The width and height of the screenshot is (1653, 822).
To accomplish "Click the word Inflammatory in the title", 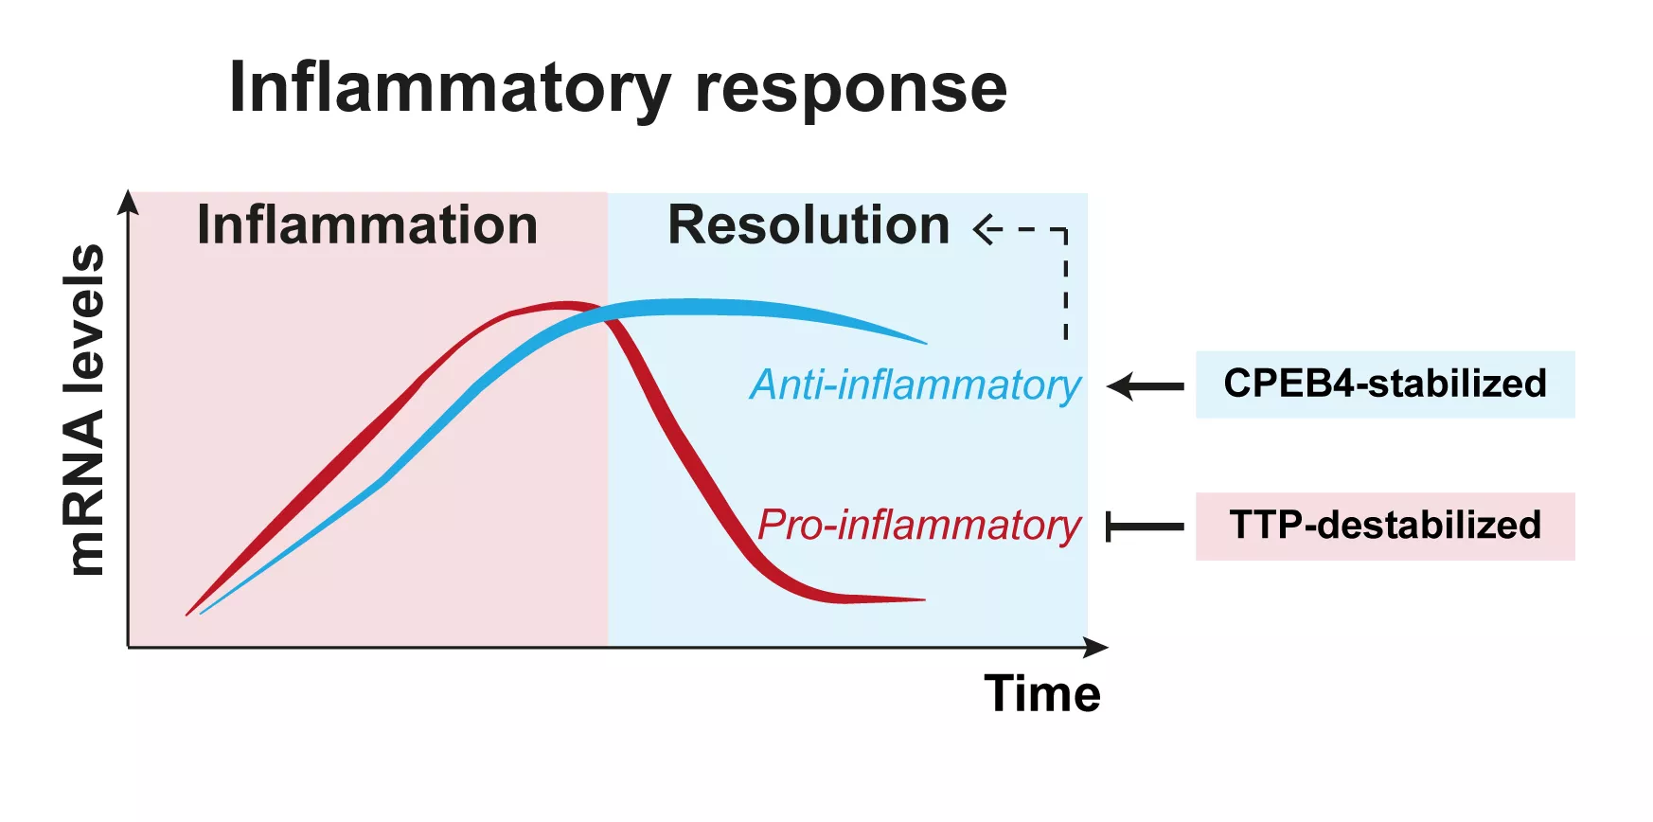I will click(450, 89).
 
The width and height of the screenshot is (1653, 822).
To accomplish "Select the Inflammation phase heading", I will click(367, 225).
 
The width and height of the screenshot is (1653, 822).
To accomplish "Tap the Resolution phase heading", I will click(809, 225).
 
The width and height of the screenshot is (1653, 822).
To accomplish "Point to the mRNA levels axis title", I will click(84, 409).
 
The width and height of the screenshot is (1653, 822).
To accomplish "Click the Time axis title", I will click(1042, 693).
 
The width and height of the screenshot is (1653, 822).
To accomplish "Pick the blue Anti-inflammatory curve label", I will click(915, 385).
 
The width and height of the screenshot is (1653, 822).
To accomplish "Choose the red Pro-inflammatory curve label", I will click(918, 526).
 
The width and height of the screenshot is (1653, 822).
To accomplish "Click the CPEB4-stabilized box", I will click(1384, 384).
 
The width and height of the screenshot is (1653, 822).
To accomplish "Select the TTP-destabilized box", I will click(1384, 526).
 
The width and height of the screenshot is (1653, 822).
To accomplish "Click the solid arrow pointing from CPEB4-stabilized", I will click(1145, 386).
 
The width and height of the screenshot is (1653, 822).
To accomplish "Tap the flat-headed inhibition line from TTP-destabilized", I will click(1145, 527).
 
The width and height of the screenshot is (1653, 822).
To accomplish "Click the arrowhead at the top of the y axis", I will click(129, 202).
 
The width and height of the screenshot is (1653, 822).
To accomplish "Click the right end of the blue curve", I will click(922, 342).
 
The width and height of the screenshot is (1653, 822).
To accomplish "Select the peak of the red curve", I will click(564, 305).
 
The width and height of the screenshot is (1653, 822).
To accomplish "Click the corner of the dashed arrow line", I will click(1066, 230).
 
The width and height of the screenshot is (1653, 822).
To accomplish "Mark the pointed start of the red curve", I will click(188, 615).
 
